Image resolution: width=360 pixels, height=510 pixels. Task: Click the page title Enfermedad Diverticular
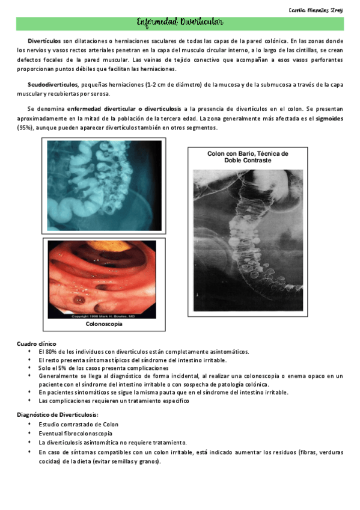[180, 23]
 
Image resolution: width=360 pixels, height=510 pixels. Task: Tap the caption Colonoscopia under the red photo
[104, 324]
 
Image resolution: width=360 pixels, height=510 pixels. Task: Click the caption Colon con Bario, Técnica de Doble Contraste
[248, 157]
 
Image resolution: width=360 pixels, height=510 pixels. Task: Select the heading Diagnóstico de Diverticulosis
[56, 416]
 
